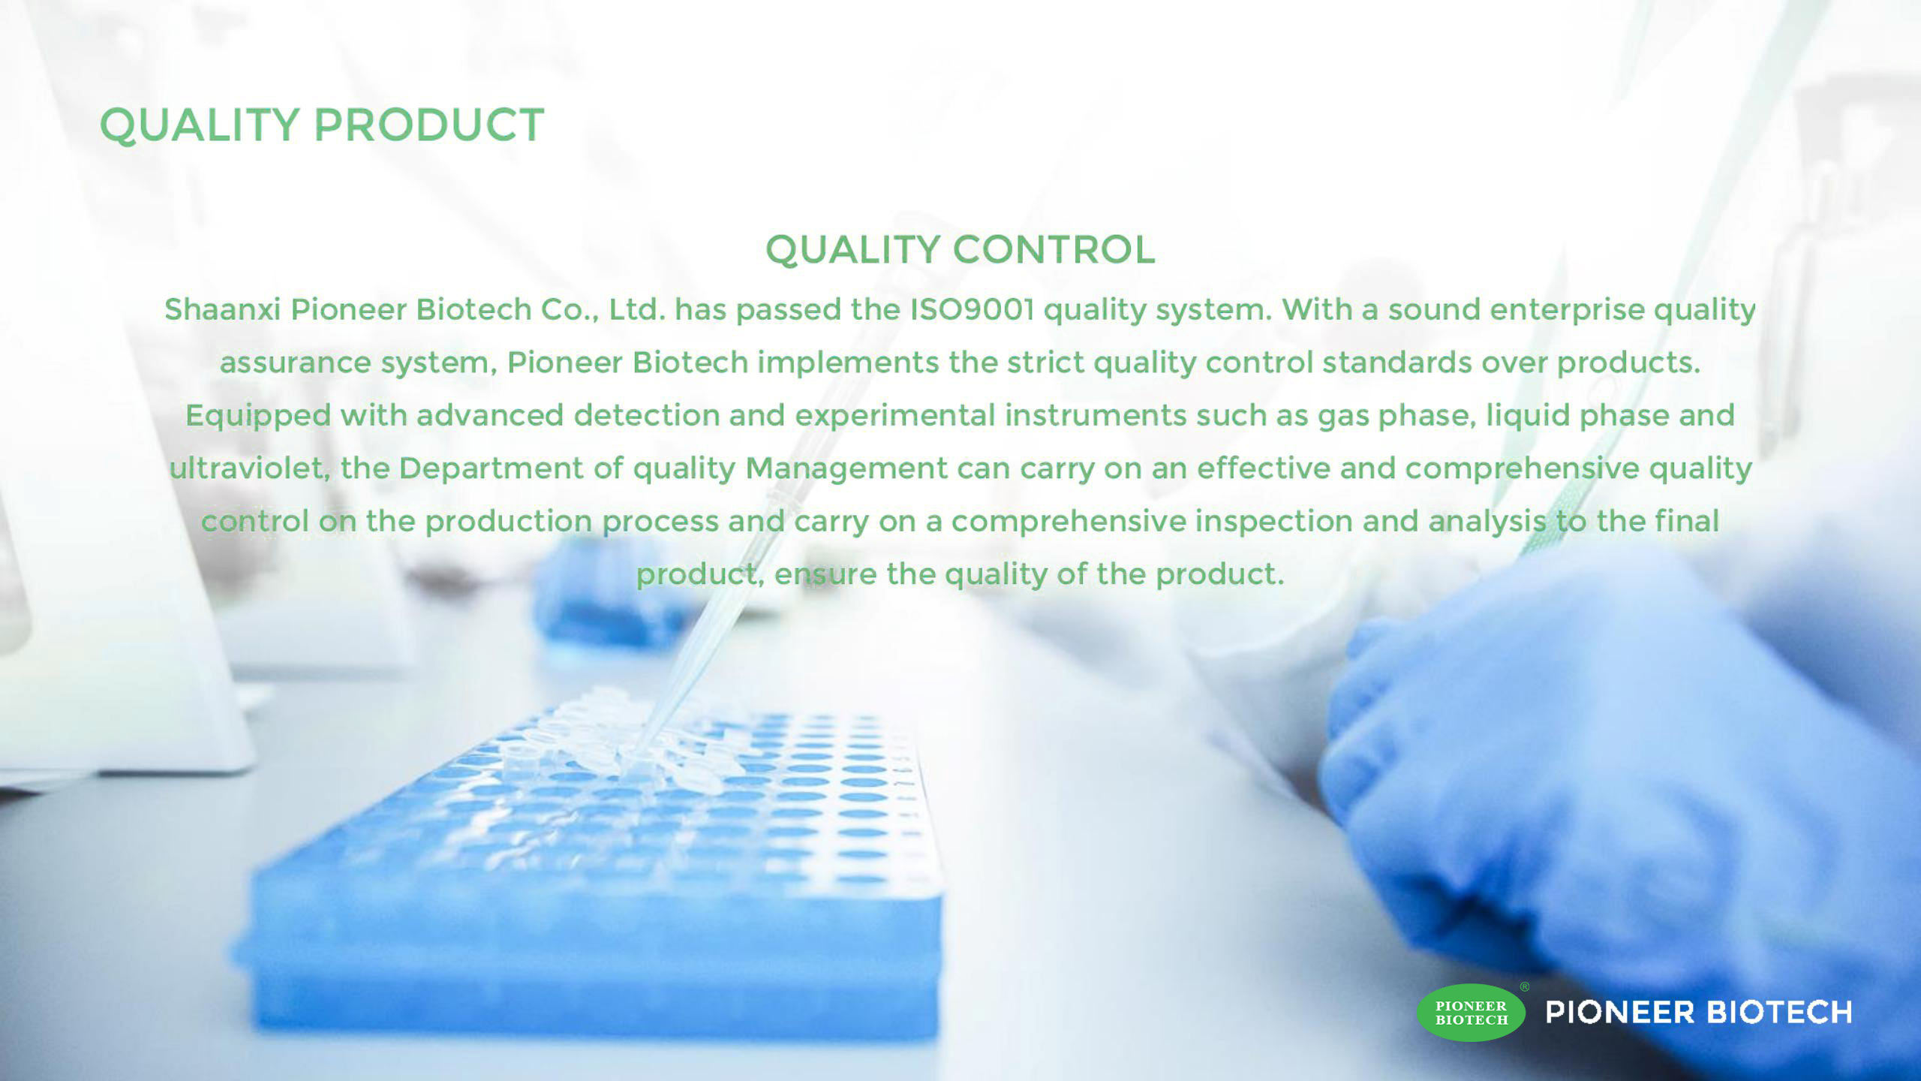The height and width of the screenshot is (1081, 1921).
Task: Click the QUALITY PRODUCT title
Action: coord(322,125)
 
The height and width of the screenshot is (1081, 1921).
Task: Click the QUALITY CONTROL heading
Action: coord(960,250)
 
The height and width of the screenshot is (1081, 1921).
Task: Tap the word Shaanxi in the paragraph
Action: coord(223,309)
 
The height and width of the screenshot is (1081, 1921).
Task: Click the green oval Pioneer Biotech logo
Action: coord(1471,1013)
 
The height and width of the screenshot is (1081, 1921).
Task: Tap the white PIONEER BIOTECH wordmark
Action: coord(1699,1013)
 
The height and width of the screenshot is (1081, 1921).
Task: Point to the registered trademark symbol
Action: coord(1524,987)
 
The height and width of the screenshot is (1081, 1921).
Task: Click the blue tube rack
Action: coord(593,878)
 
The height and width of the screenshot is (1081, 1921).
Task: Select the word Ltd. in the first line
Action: coord(637,309)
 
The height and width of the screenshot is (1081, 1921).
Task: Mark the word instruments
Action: coord(1096,416)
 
